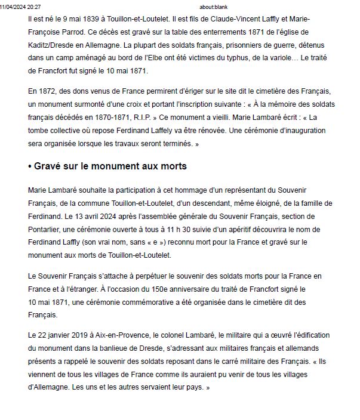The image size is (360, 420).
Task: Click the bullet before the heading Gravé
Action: [x=30, y=166]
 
